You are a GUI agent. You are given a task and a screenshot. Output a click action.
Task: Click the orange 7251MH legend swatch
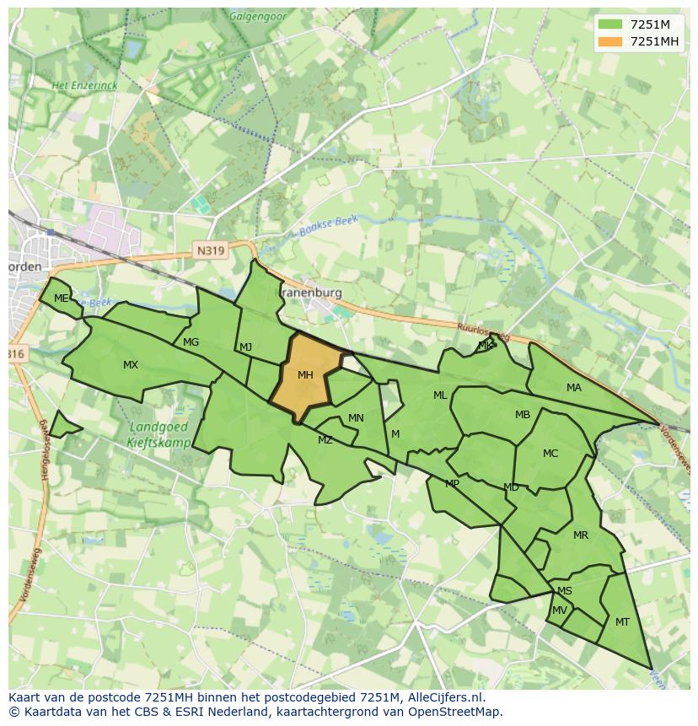click(609, 41)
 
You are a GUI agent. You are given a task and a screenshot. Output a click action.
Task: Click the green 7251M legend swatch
click(609, 24)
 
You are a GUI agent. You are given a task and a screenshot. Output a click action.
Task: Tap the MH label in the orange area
click(305, 375)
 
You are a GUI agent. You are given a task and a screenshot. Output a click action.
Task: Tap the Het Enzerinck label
click(83, 85)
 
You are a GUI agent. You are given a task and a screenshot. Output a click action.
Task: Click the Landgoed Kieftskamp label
click(159, 434)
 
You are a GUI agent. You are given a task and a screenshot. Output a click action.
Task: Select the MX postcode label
click(131, 365)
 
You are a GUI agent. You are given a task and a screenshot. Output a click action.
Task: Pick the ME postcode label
click(61, 298)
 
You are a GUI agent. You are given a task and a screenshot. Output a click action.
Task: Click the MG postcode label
click(191, 342)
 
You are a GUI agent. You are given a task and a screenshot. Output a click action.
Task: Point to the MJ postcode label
click(245, 347)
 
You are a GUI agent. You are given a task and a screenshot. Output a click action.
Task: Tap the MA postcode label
click(574, 388)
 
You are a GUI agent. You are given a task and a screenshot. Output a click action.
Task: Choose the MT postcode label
click(622, 622)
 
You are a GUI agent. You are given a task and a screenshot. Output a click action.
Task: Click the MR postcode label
click(581, 535)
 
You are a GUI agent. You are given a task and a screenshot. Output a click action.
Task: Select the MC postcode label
click(550, 454)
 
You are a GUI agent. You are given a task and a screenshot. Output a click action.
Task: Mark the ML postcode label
click(440, 395)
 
